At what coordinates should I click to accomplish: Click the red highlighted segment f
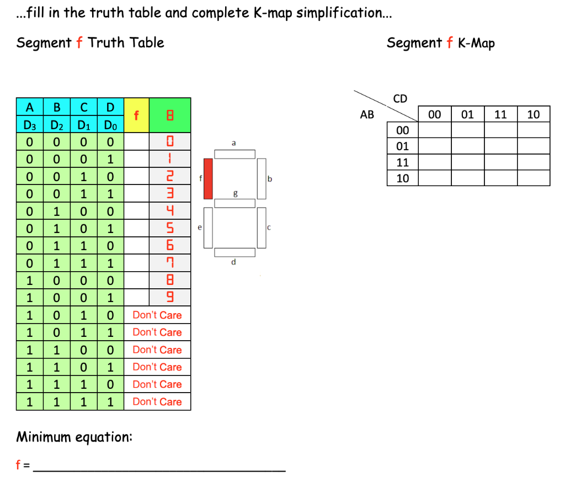click(x=208, y=178)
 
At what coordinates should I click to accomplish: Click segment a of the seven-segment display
click(x=235, y=154)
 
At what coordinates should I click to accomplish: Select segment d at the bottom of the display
click(x=235, y=252)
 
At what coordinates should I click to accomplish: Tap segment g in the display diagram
click(x=235, y=203)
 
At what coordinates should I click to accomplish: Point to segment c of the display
click(x=262, y=228)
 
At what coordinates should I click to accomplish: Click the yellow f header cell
click(x=137, y=115)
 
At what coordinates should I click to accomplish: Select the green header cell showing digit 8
click(x=170, y=115)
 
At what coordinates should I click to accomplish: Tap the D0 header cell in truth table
click(x=110, y=124)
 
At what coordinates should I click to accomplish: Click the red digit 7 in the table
click(x=170, y=263)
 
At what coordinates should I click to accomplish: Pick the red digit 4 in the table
click(x=170, y=211)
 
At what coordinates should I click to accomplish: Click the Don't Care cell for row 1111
click(x=157, y=401)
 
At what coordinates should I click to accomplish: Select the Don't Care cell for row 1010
click(x=157, y=315)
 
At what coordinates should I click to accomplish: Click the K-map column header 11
click(x=500, y=114)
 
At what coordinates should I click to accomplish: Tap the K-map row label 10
click(x=403, y=178)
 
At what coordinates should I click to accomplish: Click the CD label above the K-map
click(x=400, y=98)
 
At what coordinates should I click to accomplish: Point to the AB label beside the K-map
click(x=367, y=115)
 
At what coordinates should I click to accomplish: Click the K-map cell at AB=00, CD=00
click(x=435, y=130)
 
